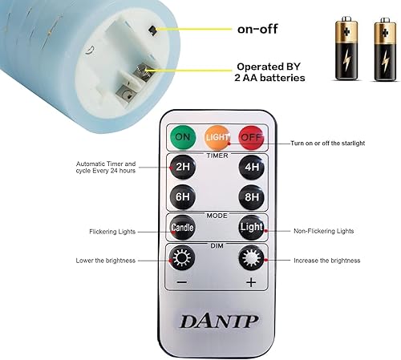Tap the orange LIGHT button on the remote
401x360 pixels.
point(216,137)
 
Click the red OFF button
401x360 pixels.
point(251,137)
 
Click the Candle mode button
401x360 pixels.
point(182,229)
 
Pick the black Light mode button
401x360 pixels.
point(251,229)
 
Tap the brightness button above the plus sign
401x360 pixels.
point(251,260)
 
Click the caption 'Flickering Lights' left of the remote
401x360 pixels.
point(113,231)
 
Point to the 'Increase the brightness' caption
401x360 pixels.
point(326,261)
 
